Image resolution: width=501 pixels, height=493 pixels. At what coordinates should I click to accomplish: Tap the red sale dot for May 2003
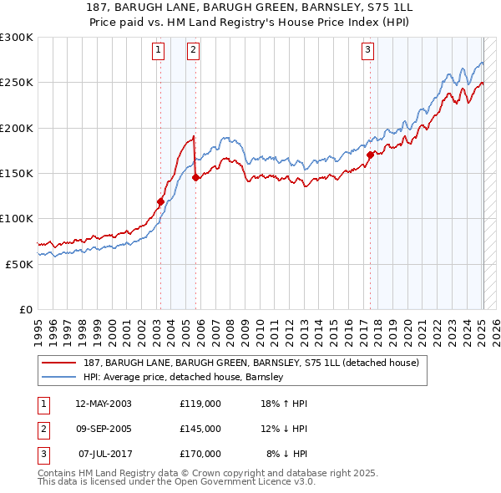[160, 201]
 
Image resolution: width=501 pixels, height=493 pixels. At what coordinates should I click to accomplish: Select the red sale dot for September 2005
[195, 177]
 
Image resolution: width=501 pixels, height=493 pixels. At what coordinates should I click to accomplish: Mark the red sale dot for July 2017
[370, 155]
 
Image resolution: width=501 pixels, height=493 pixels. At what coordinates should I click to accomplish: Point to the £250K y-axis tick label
[17, 83]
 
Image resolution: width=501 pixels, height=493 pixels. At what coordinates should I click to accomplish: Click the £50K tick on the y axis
[19, 264]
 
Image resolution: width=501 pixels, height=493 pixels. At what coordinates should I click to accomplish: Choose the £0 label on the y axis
[25, 309]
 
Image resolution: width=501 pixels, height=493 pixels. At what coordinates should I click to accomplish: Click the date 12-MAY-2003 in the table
[104, 404]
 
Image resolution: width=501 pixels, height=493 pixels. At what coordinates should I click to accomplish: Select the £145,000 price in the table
[200, 429]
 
